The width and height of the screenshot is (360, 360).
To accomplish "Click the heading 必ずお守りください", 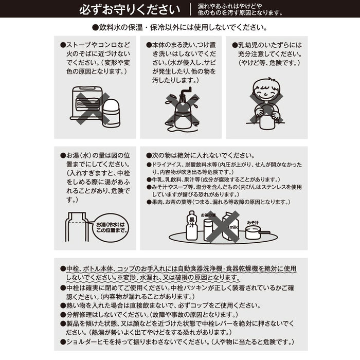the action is point(130,10).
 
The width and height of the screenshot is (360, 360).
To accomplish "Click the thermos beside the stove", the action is point(111,113).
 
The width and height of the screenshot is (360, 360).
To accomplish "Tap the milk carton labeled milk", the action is point(231,227).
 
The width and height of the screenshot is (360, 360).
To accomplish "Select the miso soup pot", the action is point(256,232).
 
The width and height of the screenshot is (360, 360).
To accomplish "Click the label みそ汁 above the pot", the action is point(253,223).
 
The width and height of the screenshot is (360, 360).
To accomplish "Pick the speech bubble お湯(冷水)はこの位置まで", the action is point(111,228).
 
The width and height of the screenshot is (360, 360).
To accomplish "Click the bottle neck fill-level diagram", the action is point(77,227).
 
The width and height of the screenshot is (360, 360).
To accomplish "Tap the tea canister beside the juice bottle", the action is point(208,230).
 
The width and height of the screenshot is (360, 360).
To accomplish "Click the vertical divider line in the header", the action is point(190,10).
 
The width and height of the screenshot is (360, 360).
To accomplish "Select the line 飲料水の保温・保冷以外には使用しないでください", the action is point(180,28).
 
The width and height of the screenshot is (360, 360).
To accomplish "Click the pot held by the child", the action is point(267,118).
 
